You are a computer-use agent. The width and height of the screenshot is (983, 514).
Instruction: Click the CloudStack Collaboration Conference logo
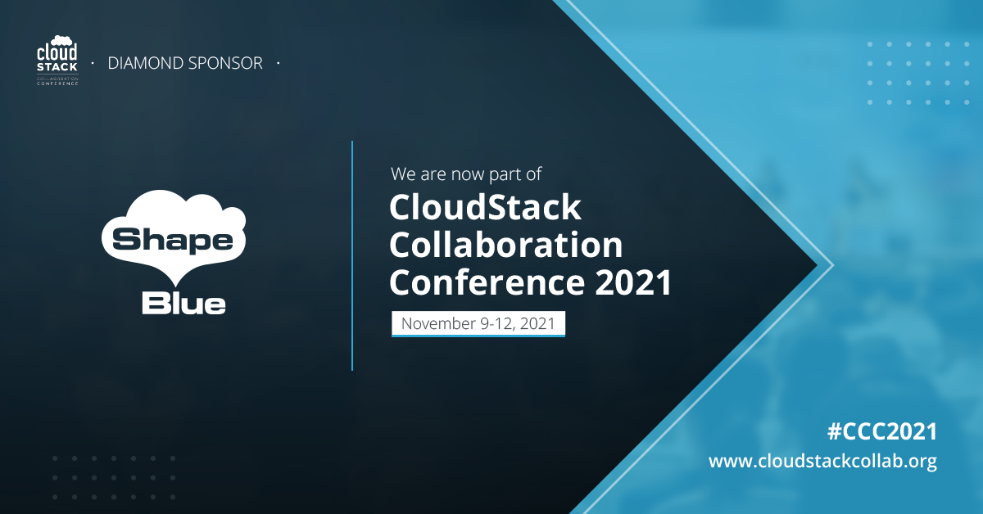(57, 61)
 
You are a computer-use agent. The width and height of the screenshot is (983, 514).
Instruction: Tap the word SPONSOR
(225, 63)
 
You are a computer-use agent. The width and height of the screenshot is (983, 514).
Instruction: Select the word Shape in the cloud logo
(173, 241)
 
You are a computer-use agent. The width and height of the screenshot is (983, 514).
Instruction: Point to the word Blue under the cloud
(183, 304)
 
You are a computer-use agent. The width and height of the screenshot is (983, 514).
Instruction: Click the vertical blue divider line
(352, 255)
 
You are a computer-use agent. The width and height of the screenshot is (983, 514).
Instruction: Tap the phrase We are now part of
(466, 174)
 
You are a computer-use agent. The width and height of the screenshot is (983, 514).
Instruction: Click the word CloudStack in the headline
(485, 207)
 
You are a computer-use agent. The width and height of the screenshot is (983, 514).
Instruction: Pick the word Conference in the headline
(487, 282)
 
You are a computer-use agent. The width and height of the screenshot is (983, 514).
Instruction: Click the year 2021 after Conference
(633, 282)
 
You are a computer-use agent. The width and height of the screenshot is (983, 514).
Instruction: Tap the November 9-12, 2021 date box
(478, 323)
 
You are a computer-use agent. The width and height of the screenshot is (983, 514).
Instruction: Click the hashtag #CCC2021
(882, 431)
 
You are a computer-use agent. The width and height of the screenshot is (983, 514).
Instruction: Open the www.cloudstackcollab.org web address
(822, 462)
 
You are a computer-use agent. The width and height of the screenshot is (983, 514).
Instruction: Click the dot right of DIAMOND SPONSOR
(279, 63)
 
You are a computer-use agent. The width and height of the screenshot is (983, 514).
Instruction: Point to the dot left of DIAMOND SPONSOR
(93, 63)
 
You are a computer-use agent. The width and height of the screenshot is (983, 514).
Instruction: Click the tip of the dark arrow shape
(818, 265)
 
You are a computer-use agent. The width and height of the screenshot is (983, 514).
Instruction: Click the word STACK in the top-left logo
(57, 67)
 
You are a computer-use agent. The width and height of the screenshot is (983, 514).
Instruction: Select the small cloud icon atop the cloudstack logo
(62, 40)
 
